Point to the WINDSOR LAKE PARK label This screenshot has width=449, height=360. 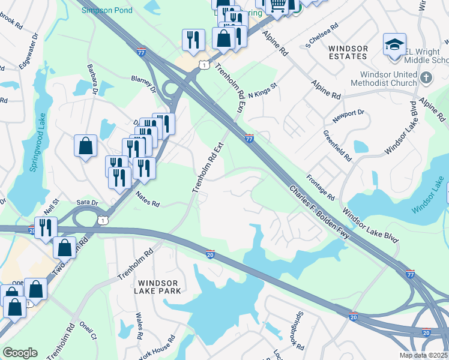(x=158, y=287)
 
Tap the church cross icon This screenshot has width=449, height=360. (x=426, y=78)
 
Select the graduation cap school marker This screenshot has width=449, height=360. (x=394, y=45)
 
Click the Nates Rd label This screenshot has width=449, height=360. (x=147, y=199)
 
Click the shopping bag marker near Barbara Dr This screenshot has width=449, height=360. (x=85, y=146)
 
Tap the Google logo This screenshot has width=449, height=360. (x=20, y=353)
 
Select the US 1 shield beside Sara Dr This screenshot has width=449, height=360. (x=104, y=221)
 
